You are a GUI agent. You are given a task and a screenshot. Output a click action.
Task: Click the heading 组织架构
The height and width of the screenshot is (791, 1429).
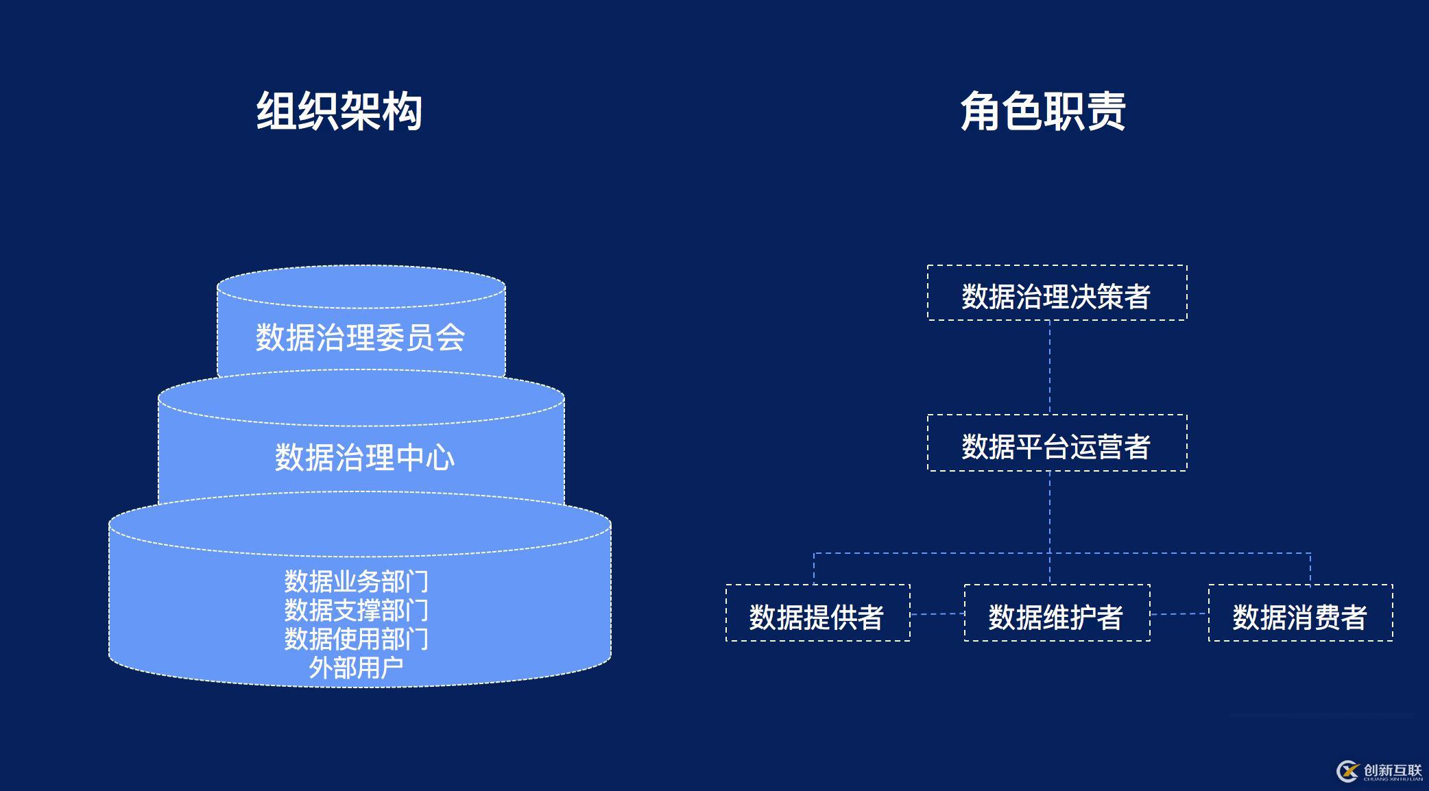[x=339, y=111]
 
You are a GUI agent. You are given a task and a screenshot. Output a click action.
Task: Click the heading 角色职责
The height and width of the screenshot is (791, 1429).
[x=1043, y=111]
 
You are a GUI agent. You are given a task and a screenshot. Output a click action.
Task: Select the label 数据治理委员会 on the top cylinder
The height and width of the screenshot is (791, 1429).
[x=361, y=338]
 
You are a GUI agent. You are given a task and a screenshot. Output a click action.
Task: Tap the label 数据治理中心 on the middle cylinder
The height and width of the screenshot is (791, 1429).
[x=364, y=458]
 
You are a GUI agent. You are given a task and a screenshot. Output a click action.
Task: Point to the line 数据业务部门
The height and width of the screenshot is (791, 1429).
[x=357, y=581]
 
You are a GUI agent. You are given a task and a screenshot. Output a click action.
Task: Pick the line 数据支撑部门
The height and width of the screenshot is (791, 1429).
[x=357, y=610]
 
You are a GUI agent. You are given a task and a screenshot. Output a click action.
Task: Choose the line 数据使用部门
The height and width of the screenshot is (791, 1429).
[x=357, y=639]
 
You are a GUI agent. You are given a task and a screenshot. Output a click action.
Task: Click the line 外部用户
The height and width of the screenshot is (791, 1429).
[x=356, y=667]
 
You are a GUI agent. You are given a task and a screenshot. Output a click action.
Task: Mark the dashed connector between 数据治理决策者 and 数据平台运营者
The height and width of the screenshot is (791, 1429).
[x=1050, y=367]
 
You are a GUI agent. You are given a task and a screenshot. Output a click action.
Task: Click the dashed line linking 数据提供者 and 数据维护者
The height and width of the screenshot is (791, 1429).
[x=937, y=614]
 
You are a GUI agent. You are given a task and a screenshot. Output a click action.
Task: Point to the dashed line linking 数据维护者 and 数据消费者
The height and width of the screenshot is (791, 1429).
[x=1179, y=614]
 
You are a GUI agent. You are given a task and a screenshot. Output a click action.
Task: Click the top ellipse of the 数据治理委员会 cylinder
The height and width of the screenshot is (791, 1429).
[x=361, y=287]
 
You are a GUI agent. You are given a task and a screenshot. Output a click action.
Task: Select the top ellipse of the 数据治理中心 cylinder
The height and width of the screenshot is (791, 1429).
[x=361, y=398]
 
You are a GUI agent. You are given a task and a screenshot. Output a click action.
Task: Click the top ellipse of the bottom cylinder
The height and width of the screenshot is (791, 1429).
[x=360, y=525]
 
